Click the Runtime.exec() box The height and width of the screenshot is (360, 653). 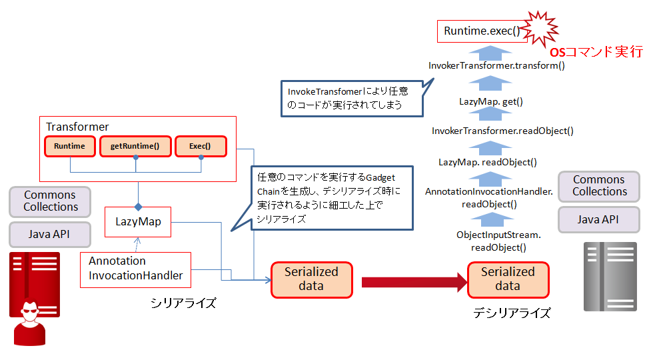[482, 31]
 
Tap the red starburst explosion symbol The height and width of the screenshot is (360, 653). [539, 29]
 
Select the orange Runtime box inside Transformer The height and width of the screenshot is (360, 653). [70, 146]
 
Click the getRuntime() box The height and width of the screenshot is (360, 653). [135, 146]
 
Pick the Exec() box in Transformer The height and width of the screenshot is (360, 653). [201, 146]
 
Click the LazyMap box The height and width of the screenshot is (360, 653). [138, 221]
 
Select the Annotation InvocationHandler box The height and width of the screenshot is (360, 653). [135, 269]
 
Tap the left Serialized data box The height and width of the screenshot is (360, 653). [312, 279]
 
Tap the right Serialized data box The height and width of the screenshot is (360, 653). [508, 279]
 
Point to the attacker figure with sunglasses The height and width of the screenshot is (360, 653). [29, 323]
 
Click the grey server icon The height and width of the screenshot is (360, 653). [610, 277]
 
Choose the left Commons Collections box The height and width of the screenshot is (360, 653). [50, 201]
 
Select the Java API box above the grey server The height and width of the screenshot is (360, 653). [598, 219]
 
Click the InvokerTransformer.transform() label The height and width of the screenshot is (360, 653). [496, 65]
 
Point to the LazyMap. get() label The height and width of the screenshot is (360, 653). [491, 101]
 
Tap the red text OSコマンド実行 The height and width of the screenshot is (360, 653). [596, 52]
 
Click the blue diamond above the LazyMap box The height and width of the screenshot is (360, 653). [139, 207]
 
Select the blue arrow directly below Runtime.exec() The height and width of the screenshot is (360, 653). [490, 53]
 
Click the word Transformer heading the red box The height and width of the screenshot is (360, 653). [77, 127]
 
